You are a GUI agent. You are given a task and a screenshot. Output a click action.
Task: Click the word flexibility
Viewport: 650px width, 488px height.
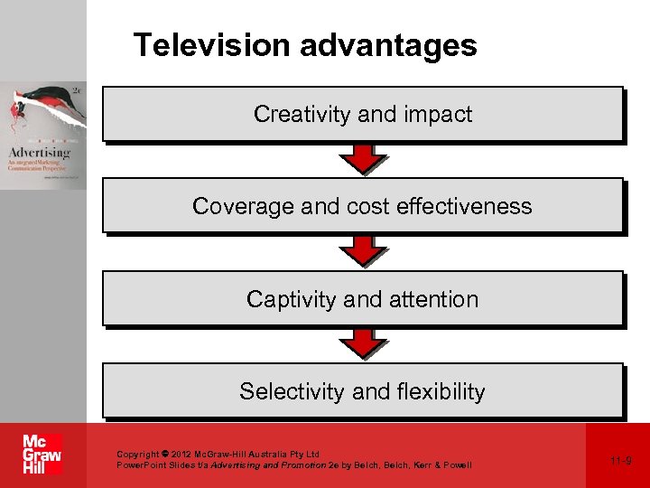click(442, 391)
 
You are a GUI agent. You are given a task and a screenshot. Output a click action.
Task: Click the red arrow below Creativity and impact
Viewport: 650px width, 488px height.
click(362, 159)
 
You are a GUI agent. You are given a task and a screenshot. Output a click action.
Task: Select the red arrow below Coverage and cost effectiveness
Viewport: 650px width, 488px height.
click(362, 251)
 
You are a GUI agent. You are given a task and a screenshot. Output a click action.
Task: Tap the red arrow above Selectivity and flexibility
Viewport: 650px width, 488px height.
click(362, 343)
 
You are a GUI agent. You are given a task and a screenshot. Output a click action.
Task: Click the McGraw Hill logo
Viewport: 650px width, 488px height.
click(42, 455)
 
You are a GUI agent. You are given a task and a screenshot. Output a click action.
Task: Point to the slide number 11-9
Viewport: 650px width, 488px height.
click(620, 461)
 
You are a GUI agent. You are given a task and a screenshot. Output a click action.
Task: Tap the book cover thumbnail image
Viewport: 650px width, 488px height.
click(43, 136)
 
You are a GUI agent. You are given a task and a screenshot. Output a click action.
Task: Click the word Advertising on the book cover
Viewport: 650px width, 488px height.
click(39, 152)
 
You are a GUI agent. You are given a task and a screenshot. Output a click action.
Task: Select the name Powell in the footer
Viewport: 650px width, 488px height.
click(454, 465)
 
